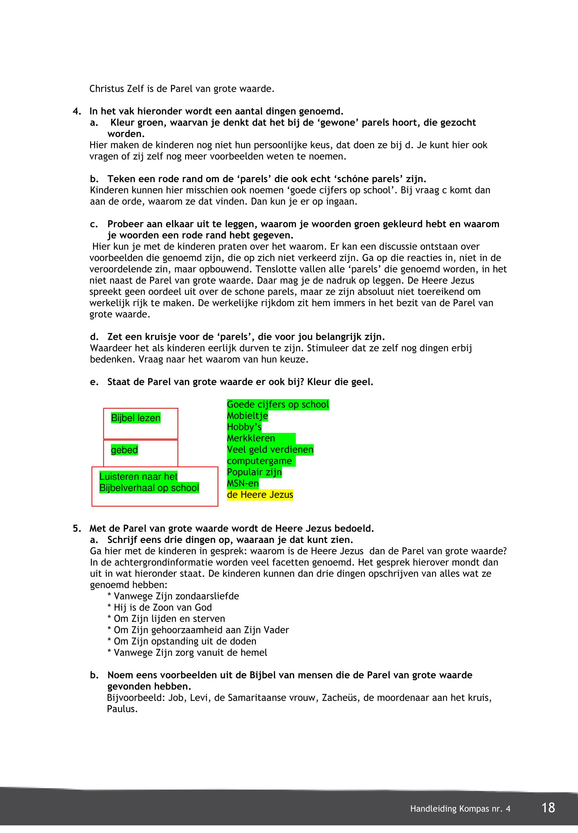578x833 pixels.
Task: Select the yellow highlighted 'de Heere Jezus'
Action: tap(260, 494)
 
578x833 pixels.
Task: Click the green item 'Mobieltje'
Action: tap(247, 416)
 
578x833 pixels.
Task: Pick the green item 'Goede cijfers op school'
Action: tap(278, 404)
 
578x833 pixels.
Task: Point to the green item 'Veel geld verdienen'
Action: tap(270, 450)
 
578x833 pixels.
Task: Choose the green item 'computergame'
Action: tap(259, 461)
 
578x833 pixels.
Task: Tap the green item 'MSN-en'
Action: tap(243, 483)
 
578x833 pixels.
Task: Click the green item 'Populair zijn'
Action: tap(254, 472)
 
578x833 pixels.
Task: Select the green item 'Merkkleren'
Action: tap(251, 438)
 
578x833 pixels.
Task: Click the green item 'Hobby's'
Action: tap(244, 427)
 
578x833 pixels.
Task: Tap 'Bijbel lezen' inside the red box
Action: tap(135, 418)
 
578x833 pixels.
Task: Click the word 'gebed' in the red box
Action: tap(124, 450)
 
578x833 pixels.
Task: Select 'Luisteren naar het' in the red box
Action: tap(138, 476)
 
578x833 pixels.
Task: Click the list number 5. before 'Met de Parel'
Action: tap(77, 529)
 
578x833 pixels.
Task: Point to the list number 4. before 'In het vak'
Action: tap(77, 111)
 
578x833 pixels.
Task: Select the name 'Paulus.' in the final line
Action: tap(122, 709)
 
